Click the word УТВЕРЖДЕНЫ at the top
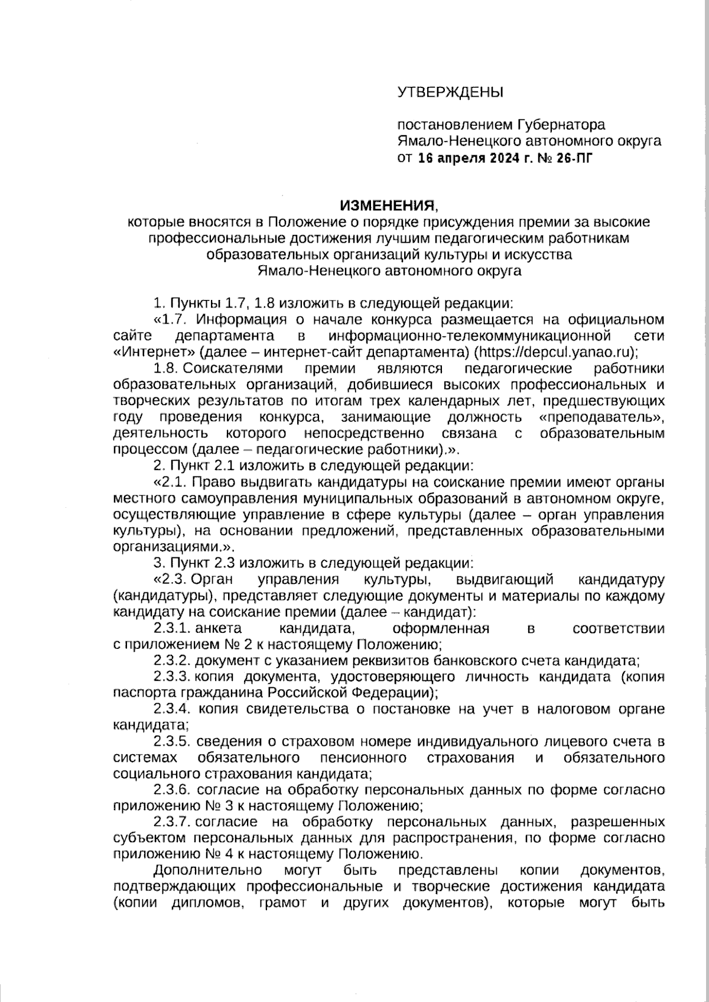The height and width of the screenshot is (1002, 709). pyautogui.click(x=450, y=92)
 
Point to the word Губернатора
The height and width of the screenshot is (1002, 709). pyautogui.click(x=561, y=125)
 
